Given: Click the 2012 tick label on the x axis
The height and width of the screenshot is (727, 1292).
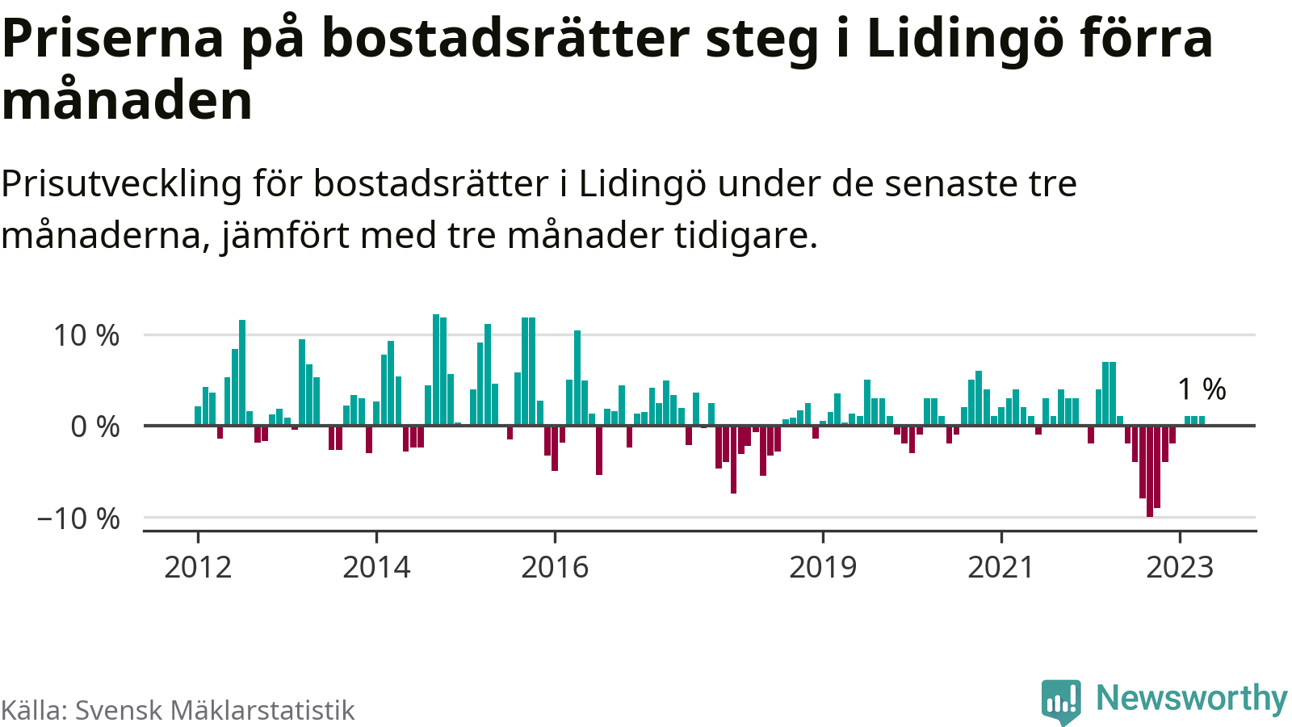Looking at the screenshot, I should [198, 567].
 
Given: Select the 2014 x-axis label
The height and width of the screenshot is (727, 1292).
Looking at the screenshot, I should [376, 567].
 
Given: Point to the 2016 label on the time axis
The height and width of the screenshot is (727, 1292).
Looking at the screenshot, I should [555, 567].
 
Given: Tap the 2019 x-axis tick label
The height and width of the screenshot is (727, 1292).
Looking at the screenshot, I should [823, 567].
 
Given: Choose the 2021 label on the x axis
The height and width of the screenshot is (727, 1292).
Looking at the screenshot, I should [1001, 567].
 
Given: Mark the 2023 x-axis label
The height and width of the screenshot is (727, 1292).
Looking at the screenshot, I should [1180, 567].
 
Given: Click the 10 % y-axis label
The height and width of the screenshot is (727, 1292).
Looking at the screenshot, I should [86, 335].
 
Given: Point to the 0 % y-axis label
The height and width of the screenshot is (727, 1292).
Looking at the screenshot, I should [95, 427].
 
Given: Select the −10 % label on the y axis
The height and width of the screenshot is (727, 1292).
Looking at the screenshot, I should [78, 519].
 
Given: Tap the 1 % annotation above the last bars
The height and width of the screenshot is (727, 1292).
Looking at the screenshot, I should [1202, 389].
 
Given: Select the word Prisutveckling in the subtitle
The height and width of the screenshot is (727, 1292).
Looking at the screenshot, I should [121, 184].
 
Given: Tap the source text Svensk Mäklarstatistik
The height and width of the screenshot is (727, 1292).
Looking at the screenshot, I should [215, 711].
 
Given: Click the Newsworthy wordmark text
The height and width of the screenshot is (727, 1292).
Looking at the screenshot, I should [1191, 699].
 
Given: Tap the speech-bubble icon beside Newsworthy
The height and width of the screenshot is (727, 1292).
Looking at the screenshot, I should [1061, 700].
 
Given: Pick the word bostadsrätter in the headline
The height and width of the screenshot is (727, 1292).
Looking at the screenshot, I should [505, 38].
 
